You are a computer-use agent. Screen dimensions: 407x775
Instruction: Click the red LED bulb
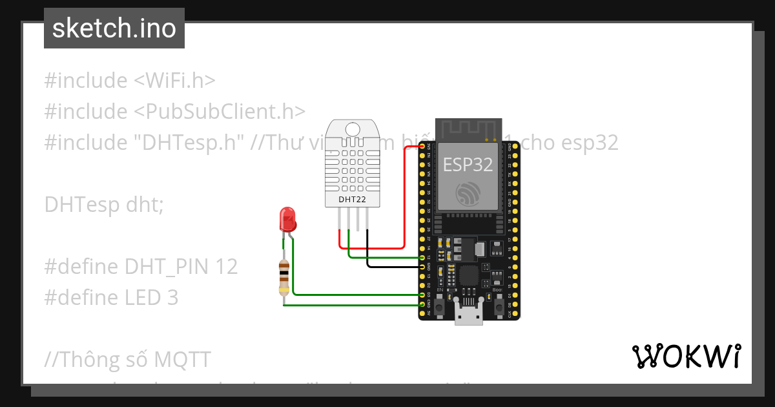(x=287, y=220)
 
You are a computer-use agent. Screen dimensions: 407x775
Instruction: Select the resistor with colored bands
(x=284, y=277)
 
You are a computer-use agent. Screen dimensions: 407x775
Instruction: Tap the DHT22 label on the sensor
(x=352, y=200)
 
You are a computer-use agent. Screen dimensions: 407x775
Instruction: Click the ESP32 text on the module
(x=468, y=165)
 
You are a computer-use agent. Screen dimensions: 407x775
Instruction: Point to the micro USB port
(x=469, y=316)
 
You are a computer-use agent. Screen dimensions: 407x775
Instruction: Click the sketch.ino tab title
(x=114, y=28)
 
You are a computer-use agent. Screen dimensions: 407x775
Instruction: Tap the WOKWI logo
(x=686, y=357)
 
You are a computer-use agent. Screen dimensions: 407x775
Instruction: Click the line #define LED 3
(x=111, y=297)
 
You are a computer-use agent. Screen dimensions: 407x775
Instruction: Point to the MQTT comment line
(x=128, y=359)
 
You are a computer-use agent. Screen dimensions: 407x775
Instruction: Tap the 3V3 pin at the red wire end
(x=423, y=147)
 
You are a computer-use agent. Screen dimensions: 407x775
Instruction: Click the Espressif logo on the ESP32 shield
(x=468, y=193)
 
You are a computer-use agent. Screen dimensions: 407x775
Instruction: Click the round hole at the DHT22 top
(x=353, y=129)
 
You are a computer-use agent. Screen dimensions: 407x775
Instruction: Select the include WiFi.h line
(x=130, y=80)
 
